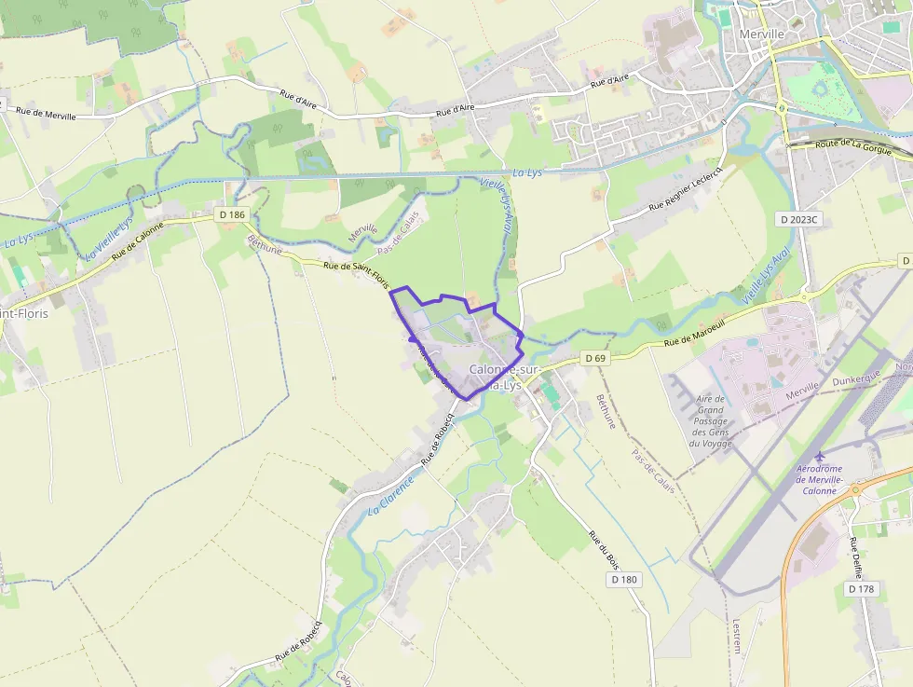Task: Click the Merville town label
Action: (x=761, y=34)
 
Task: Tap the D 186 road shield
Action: (x=233, y=215)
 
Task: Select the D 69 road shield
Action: (x=594, y=358)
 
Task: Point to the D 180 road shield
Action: (x=625, y=580)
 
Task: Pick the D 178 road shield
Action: (x=863, y=589)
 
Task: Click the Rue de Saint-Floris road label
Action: (x=356, y=275)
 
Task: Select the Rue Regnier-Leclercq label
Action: (x=686, y=189)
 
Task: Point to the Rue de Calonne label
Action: (x=137, y=240)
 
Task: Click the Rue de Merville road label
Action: (x=48, y=112)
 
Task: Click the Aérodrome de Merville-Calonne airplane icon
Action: (x=820, y=456)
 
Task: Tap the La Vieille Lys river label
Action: (x=109, y=239)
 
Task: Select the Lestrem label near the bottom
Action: (x=737, y=636)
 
